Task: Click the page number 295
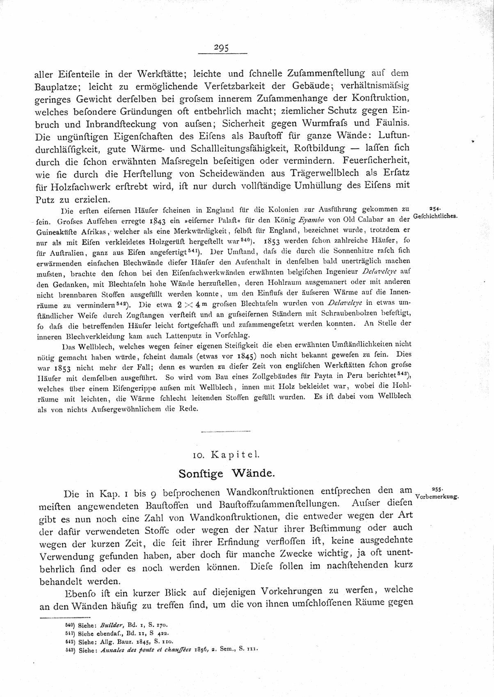tap(222, 48)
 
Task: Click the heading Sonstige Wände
tap(226, 474)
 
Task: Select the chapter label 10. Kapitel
tap(226, 454)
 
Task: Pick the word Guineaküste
tap(55, 232)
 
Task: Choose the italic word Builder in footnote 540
tap(106, 626)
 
